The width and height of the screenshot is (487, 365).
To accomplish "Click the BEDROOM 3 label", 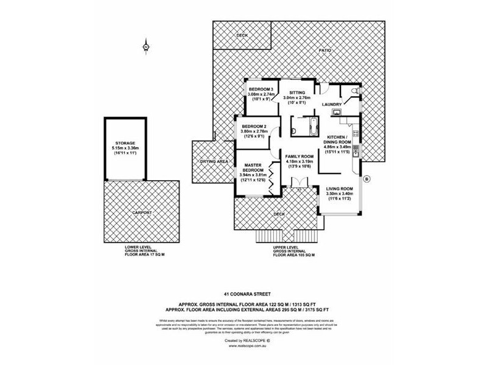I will coord(261,90).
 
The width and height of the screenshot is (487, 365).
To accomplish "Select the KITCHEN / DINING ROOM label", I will coord(337,139).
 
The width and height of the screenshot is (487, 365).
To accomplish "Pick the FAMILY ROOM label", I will coord(300,156).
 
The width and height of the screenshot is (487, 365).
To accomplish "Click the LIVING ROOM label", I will coord(339,188).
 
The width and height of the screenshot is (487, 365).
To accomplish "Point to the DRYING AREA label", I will coord(214,162).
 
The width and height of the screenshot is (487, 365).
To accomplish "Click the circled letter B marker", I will coord(367,179).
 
